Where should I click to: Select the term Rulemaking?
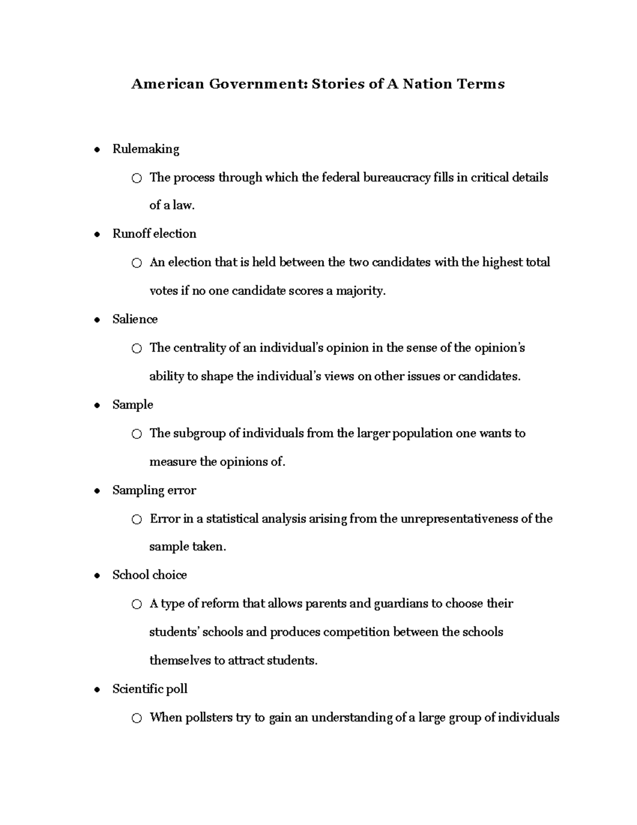coord(145,149)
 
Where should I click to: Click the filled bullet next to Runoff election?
coord(97,234)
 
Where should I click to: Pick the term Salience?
coord(135,319)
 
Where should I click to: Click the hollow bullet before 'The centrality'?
coord(137,348)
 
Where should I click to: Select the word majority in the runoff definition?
coord(359,291)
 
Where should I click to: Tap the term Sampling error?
coord(154,490)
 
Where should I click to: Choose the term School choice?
coord(149,575)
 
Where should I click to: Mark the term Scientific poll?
coord(150,689)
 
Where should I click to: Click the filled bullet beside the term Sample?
coord(97,405)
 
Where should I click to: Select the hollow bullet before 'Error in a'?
coord(137,520)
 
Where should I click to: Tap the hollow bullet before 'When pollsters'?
coord(137,718)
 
